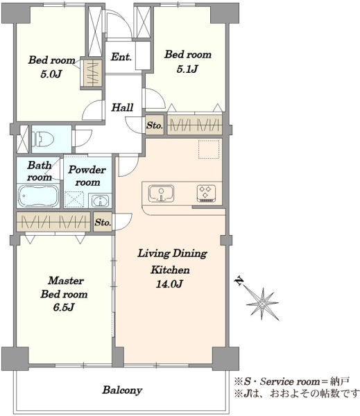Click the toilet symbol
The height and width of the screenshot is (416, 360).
(43, 139)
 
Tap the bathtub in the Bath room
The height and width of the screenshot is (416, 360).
(38, 196)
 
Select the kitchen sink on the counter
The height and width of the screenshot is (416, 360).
(161, 193)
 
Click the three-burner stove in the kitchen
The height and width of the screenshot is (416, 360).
(206, 193)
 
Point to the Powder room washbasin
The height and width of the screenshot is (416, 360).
(100, 201)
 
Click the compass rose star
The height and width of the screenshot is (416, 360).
(262, 304)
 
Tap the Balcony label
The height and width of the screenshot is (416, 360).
(122, 390)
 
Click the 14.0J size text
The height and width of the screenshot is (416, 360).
(169, 284)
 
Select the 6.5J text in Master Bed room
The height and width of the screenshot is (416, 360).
(64, 307)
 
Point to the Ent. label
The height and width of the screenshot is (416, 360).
(121, 57)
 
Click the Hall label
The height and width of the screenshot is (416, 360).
(122, 107)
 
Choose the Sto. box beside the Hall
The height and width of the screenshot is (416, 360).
(155, 125)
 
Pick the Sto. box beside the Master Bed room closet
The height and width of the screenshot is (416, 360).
(103, 222)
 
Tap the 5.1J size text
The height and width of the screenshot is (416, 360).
(187, 69)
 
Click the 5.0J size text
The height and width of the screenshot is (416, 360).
(51, 73)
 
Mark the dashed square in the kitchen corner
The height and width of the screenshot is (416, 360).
(209, 150)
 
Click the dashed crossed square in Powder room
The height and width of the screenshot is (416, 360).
(74, 200)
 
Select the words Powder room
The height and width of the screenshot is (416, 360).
(87, 175)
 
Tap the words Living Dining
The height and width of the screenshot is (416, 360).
(172, 253)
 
